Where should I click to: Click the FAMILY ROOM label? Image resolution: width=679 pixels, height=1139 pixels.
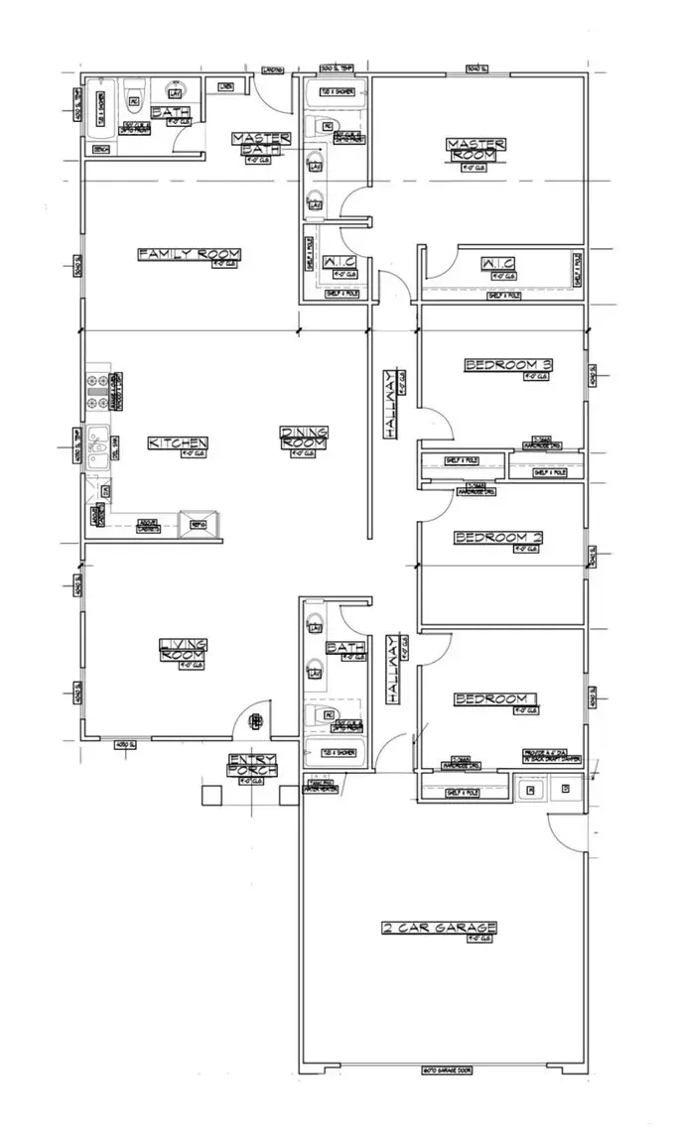(x=189, y=255)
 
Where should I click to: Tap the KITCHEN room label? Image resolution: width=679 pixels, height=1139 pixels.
(x=178, y=443)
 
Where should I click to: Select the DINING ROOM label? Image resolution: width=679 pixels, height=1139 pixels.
(x=304, y=438)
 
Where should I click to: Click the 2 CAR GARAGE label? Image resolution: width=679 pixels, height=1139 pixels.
(x=440, y=929)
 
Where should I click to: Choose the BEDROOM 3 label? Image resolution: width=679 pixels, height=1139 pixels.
(x=508, y=365)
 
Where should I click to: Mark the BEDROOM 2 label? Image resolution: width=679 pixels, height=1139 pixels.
(x=498, y=538)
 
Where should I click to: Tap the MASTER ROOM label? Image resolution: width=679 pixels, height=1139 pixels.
(x=477, y=149)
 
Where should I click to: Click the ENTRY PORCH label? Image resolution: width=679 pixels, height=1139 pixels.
(x=250, y=766)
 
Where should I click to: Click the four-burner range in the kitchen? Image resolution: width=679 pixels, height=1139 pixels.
(x=99, y=391)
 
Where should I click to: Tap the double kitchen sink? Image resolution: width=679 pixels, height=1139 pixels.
(x=98, y=446)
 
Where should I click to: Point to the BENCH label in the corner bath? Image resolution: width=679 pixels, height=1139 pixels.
(x=100, y=149)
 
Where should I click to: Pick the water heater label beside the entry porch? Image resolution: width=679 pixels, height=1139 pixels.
(x=324, y=786)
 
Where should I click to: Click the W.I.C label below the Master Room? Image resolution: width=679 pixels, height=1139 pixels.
(x=495, y=263)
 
